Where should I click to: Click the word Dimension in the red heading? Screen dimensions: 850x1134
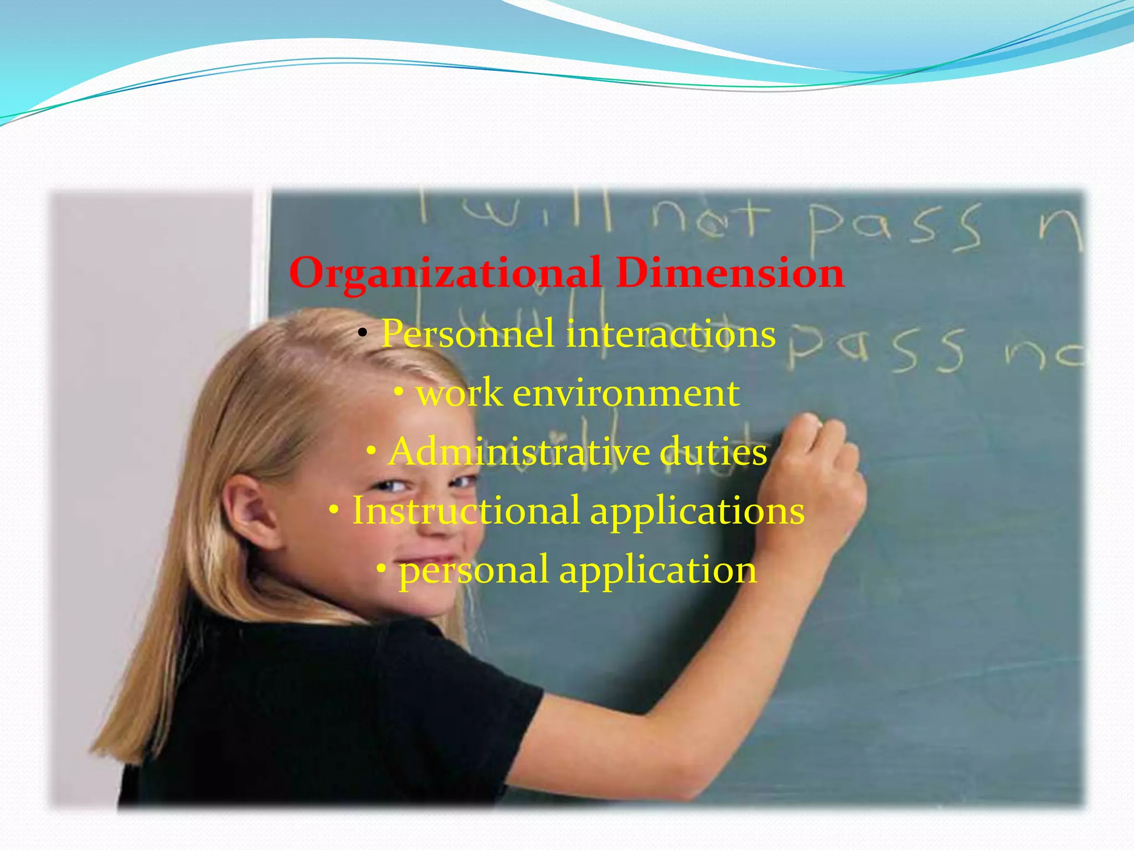pyautogui.click(x=730, y=273)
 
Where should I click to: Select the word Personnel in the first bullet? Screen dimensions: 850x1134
pyautogui.click(x=467, y=334)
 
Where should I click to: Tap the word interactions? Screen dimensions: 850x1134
pyautogui.click(x=671, y=334)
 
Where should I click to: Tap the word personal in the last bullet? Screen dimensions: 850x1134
pyautogui.click(x=473, y=570)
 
